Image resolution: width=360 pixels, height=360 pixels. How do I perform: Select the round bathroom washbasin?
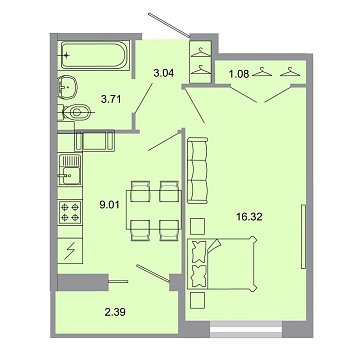pos(65,84)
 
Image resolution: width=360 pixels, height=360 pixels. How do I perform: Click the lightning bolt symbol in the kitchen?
pos(71,251)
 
